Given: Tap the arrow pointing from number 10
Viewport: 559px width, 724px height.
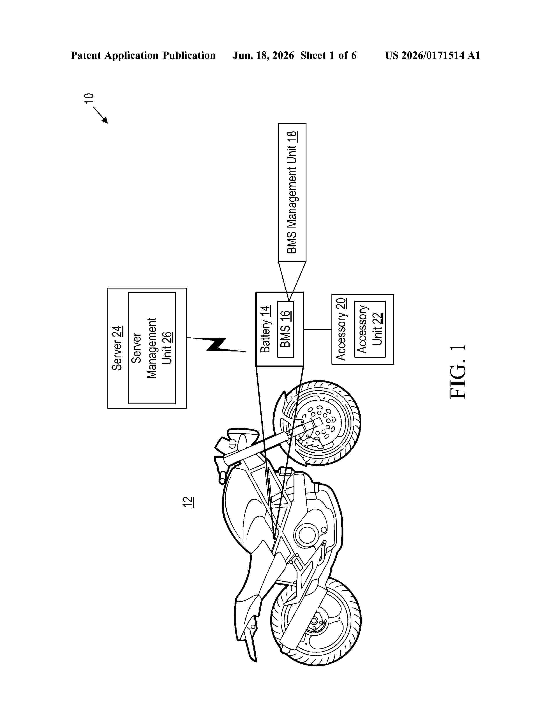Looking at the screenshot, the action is click(x=101, y=115).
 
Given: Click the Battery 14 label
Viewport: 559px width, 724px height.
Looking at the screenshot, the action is click(x=265, y=330).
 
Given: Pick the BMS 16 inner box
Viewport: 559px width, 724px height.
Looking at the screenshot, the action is click(x=285, y=329).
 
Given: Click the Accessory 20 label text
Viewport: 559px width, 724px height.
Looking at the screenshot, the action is click(x=341, y=329).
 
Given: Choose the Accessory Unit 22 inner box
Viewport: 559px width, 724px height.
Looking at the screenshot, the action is click(x=370, y=329).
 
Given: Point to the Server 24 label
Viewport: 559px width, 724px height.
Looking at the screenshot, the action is click(x=117, y=348).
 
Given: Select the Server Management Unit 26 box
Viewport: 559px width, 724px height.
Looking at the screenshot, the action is click(x=152, y=348).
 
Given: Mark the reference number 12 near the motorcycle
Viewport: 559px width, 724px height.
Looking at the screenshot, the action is click(x=188, y=502).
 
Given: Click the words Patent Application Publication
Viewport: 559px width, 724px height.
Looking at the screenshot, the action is click(x=143, y=55).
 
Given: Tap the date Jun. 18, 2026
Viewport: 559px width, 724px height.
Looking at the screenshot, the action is click(x=263, y=55).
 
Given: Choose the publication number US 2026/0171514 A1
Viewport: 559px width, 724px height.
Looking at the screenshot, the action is click(x=433, y=55).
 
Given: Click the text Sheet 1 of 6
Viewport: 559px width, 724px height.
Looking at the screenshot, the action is click(x=329, y=55).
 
